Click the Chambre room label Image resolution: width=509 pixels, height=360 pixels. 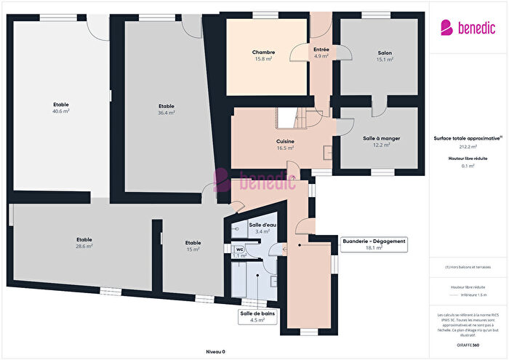(x=263, y=53)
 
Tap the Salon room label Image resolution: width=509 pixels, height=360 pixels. (x=385, y=53)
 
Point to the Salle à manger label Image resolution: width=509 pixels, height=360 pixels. (x=382, y=138)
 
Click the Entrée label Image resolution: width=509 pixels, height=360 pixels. (x=321, y=49)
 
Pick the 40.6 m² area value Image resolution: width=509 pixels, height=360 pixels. (x=60, y=111)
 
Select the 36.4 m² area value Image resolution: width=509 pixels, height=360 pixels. (x=167, y=113)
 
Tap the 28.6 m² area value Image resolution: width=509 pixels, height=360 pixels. (x=85, y=247)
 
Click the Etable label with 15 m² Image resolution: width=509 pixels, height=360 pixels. (x=193, y=243)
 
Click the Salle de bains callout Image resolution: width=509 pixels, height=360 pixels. (x=257, y=316)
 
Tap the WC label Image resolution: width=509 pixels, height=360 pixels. (x=239, y=249)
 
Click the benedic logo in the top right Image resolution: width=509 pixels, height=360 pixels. (x=468, y=27)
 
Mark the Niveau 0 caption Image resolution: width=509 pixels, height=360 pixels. (x=215, y=351)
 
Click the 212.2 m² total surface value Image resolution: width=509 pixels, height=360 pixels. (x=468, y=146)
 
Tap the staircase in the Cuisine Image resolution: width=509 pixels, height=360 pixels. (x=299, y=117)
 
